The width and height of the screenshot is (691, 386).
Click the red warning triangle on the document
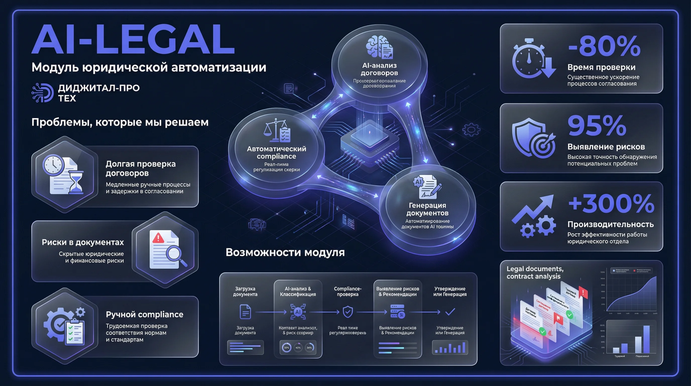[158, 237]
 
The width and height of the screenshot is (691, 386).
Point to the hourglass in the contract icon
[76, 182]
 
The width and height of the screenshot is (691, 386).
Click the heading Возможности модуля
[285, 252]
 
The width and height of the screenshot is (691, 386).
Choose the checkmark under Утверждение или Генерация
[450, 312]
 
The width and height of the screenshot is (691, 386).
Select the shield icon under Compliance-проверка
[348, 312]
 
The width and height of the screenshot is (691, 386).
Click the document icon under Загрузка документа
[245, 312]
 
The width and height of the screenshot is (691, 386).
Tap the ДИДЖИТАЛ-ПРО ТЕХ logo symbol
[42, 93]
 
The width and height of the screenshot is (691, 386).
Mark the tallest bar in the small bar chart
[647, 339]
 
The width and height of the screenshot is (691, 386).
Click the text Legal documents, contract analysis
[535, 272]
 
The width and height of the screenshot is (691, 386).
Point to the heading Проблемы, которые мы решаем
[120, 122]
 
